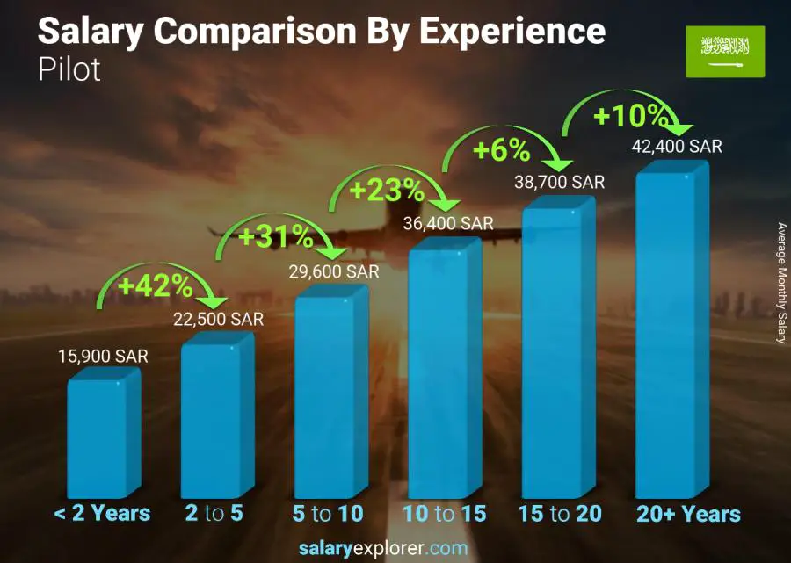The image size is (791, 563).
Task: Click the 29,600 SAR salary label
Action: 335,271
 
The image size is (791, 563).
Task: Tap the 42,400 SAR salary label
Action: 678,147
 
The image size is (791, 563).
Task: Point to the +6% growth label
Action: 502,150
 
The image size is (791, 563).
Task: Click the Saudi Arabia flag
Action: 725,51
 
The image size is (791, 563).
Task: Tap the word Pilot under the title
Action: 69,70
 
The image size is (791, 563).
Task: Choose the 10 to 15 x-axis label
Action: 444,514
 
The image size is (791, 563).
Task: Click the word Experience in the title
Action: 512,32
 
